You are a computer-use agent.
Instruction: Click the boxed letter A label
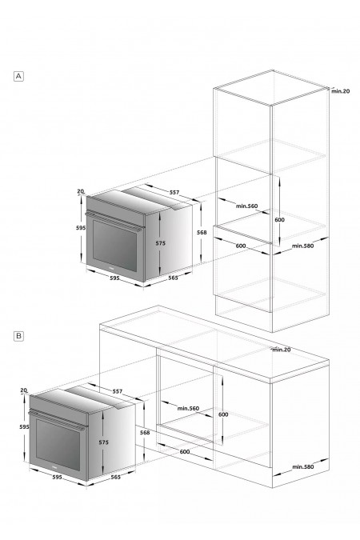[x=18, y=76]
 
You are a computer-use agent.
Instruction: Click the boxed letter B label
[x=18, y=336]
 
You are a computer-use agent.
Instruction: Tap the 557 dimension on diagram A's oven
[x=174, y=193]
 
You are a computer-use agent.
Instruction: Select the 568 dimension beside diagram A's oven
[x=202, y=233]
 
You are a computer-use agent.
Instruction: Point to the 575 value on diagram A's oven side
[x=161, y=243]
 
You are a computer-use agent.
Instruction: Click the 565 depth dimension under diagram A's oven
[x=173, y=278]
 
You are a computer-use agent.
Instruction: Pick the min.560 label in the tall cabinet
[x=246, y=206]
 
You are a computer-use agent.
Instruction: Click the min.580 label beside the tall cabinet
[x=303, y=246]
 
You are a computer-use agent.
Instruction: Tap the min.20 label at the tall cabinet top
[x=340, y=91]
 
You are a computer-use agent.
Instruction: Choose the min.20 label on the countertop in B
[x=282, y=350]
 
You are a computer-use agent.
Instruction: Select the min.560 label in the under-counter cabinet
[x=188, y=409]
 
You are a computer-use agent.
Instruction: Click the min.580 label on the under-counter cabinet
[x=303, y=467]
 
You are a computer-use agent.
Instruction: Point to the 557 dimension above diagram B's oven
[x=118, y=391]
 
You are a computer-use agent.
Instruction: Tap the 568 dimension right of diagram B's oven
[x=145, y=432]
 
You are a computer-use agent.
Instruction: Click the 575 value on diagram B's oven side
[x=103, y=442]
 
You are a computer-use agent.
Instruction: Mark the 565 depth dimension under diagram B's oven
[x=116, y=477]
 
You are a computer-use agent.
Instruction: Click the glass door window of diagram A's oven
[x=114, y=246]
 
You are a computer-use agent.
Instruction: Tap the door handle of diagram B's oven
[x=58, y=420]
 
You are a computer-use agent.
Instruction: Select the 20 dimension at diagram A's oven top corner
[x=80, y=191]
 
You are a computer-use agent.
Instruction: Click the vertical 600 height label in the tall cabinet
[x=280, y=220]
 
